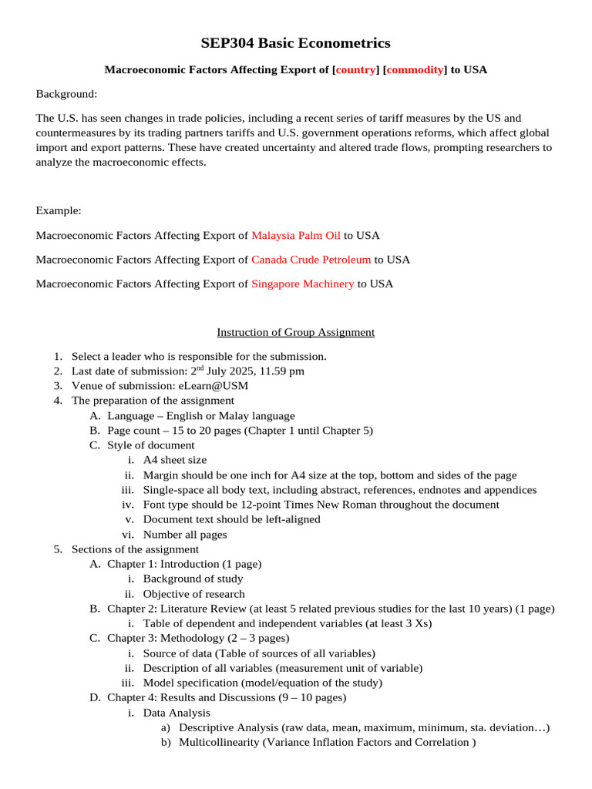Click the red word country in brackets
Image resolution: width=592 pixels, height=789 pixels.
tap(355, 70)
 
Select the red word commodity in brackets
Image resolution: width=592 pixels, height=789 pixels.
tap(415, 70)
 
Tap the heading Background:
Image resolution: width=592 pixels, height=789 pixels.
tap(67, 94)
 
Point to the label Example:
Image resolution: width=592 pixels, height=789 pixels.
tap(59, 210)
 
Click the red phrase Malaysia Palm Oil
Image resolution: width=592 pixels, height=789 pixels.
tap(296, 235)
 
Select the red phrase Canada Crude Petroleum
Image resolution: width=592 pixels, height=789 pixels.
tap(311, 260)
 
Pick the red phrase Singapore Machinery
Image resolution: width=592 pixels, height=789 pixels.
tap(303, 284)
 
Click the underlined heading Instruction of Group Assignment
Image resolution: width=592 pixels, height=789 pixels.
tap(295, 332)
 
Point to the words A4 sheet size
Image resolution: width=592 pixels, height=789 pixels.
tap(180, 460)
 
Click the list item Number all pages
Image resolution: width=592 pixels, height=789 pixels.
tap(185, 535)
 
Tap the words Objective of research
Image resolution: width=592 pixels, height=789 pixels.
tap(193, 594)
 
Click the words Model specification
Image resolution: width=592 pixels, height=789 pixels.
tap(189, 683)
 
